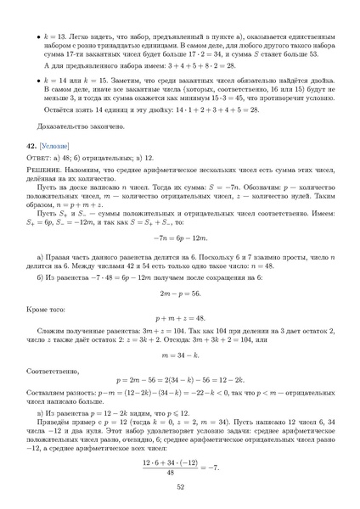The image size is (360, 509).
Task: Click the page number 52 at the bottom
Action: coord(180,487)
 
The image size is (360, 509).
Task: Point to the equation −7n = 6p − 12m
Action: coord(180,239)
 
